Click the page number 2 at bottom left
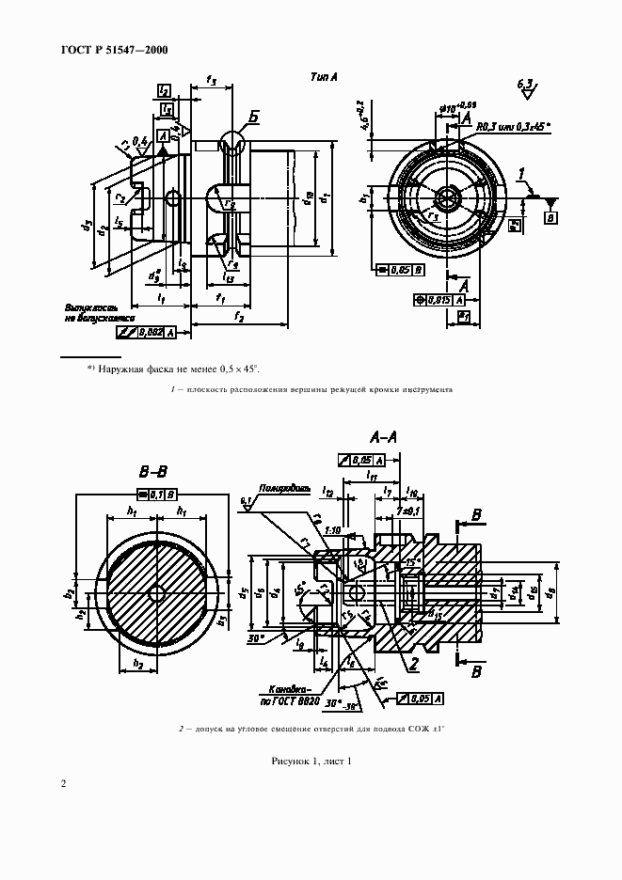(63, 784)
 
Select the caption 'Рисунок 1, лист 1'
(311, 761)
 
